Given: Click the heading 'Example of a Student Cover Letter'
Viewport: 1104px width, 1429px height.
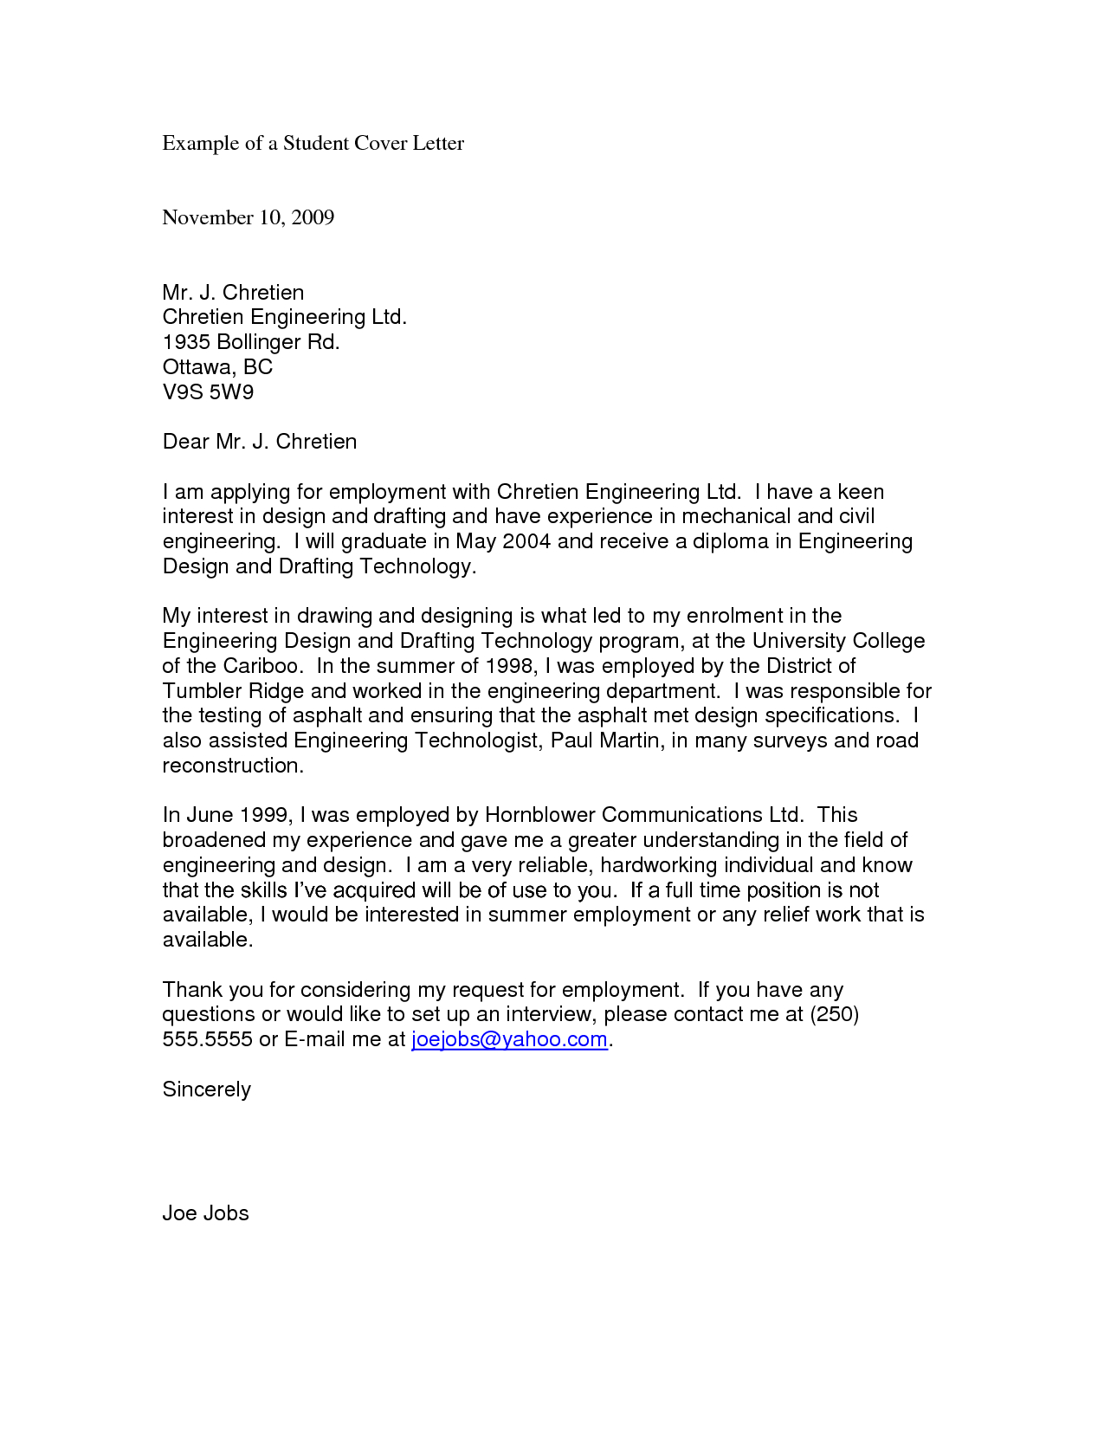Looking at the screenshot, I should coord(313,144).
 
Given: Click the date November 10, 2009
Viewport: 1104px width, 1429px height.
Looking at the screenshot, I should coord(248,217).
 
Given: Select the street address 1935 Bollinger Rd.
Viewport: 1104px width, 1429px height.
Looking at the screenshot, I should coord(251,342).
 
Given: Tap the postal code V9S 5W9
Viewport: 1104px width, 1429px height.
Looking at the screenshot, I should coord(208,392).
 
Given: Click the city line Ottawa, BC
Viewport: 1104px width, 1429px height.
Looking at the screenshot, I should coord(217,367).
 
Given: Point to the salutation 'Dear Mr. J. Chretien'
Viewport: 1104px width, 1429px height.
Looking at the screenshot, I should coord(259,442).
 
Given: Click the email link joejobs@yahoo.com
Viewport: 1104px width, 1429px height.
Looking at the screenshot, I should coord(509,1039).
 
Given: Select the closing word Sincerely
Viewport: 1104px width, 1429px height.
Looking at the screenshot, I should coord(206,1090).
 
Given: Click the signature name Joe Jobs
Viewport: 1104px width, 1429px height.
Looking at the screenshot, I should coord(205,1213).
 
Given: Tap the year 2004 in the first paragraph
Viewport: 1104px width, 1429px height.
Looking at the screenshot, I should coord(526,542).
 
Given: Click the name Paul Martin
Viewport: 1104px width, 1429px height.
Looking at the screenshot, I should coord(604,741).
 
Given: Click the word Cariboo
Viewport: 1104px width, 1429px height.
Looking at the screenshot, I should coord(263,667).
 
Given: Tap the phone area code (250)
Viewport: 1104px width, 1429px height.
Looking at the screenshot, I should coord(834,1014).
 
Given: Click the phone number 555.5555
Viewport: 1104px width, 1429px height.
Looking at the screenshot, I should coord(207,1039).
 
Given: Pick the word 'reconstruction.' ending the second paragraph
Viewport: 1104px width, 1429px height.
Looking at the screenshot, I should coord(233,766).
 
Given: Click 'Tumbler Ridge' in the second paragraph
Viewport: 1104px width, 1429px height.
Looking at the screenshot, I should coord(233,691).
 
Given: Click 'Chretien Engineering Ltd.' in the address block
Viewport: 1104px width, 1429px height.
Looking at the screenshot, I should coord(284,317).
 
